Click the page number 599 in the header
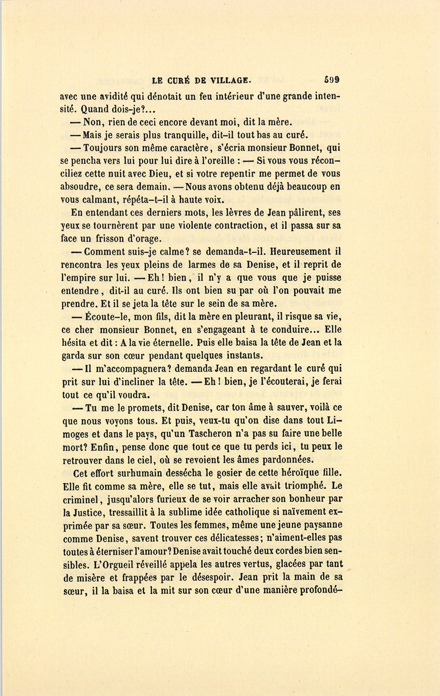(331, 80)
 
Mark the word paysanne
(320, 525)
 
